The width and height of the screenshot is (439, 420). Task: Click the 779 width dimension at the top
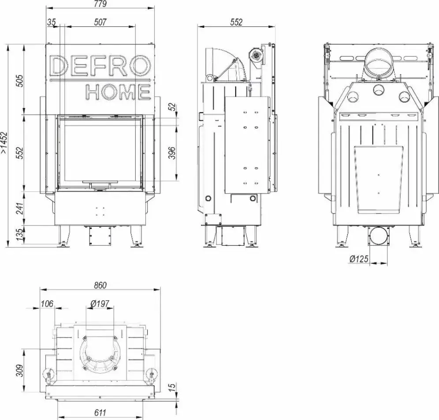(x=100, y=4)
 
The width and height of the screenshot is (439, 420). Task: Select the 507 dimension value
(x=100, y=22)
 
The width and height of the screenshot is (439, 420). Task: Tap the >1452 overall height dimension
(x=5, y=142)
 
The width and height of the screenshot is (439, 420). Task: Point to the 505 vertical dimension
(x=20, y=81)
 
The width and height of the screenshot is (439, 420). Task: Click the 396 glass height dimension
(x=172, y=153)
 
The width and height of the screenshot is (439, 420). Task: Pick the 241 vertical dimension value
(x=20, y=209)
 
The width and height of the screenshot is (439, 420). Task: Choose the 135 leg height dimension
(x=20, y=235)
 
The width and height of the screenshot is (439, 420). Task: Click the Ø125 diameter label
(x=359, y=259)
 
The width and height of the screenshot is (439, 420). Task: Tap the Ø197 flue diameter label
(x=100, y=304)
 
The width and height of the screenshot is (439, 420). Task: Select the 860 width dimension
(x=100, y=285)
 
